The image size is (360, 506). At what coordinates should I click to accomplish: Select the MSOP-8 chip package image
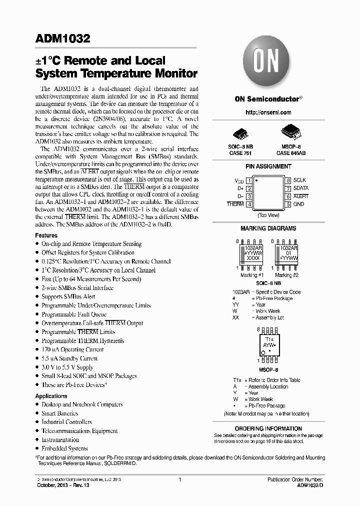[x=292, y=131]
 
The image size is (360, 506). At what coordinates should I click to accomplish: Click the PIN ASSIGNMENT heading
[x=268, y=166]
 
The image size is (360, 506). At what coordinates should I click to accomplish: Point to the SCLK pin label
[x=299, y=180]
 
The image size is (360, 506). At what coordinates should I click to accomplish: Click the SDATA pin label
[x=301, y=188]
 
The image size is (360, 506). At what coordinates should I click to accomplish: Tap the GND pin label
[x=298, y=204]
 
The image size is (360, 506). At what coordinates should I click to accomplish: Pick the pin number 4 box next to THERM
[x=248, y=204]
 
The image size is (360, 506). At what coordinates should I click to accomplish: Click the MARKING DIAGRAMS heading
[x=268, y=228]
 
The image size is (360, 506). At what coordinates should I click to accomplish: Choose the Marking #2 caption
[x=287, y=275]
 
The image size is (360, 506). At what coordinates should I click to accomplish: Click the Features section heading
[x=46, y=235]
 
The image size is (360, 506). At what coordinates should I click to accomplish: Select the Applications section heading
[x=51, y=396]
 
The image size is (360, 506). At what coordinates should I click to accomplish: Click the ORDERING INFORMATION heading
[x=268, y=428]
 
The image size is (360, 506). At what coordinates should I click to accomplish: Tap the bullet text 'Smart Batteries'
[x=59, y=413]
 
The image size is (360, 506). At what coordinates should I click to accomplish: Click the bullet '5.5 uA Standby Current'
[x=69, y=358]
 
